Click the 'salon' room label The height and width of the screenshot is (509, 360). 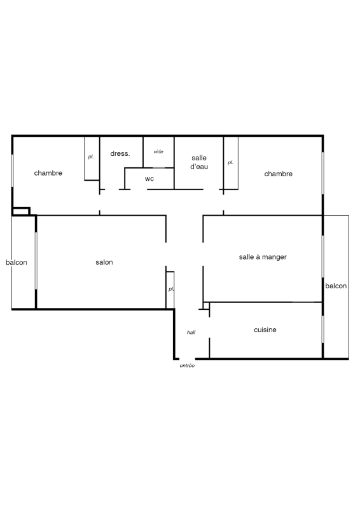tap(104, 262)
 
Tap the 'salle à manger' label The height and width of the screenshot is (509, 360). tap(263, 257)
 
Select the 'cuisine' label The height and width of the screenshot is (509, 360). tap(265, 330)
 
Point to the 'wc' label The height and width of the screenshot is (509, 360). tap(149, 179)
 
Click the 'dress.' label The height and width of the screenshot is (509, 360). tap(120, 153)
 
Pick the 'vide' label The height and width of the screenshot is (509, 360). tap(158, 151)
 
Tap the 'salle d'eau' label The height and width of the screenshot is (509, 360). tap(199, 162)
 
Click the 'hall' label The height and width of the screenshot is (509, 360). tap(191, 332)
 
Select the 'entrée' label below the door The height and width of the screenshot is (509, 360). tap(187, 366)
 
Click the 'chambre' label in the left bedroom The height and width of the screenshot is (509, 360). tap(48, 173)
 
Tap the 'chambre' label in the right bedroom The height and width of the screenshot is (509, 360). tap(278, 174)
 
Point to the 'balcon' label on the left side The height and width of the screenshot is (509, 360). tap(17, 262)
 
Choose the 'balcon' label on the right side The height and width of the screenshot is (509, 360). tap(336, 286)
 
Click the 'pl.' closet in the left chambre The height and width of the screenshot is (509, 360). tap(92, 158)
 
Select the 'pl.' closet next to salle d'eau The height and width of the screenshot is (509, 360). tap(231, 163)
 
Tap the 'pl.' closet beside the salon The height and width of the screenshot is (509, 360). tap(170, 289)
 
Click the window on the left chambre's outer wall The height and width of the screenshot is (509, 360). tap(12, 171)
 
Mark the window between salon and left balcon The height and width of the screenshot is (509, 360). tap(36, 260)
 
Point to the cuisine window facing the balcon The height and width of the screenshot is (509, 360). tap(322, 329)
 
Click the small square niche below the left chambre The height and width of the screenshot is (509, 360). tap(21, 211)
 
